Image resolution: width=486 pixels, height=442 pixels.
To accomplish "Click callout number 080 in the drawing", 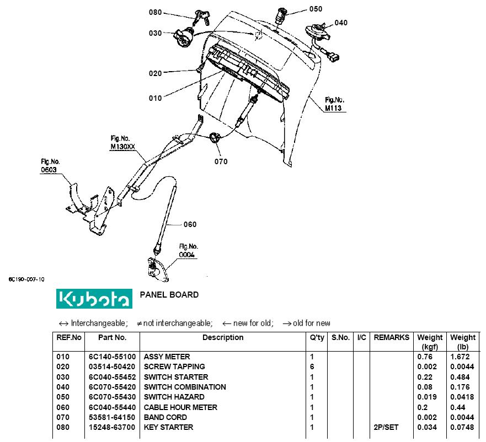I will pyautogui.click(x=156, y=12).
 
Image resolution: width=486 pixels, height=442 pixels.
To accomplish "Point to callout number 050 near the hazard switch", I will pyautogui.click(x=316, y=9).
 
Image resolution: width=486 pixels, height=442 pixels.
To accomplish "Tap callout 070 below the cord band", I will pyautogui.click(x=221, y=161).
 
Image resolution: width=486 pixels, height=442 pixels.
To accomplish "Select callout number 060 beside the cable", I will pyautogui.click(x=190, y=224).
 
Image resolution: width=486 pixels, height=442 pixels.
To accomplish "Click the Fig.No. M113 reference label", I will pyautogui.click(x=334, y=104).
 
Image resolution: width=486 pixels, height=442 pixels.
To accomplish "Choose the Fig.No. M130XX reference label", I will pyautogui.click(x=123, y=143).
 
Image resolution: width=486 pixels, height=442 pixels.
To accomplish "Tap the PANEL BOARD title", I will pyautogui.click(x=169, y=295).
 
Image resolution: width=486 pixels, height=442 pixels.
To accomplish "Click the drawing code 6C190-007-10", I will pyautogui.click(x=26, y=279).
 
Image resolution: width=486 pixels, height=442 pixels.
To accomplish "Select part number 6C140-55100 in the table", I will pyautogui.click(x=112, y=357).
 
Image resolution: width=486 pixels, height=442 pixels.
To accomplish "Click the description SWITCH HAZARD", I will pyautogui.click(x=174, y=397).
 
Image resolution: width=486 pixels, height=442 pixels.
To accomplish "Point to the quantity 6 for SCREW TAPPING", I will pyautogui.click(x=312, y=366).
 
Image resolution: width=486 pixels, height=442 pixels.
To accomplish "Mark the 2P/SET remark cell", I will pyautogui.click(x=387, y=427).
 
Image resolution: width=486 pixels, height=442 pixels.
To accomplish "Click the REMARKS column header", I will pyautogui.click(x=391, y=337).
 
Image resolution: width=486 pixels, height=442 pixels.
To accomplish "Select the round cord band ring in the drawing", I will pyautogui.click(x=215, y=137).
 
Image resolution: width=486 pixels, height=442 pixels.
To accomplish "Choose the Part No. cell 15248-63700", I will pyautogui.click(x=112, y=427).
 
